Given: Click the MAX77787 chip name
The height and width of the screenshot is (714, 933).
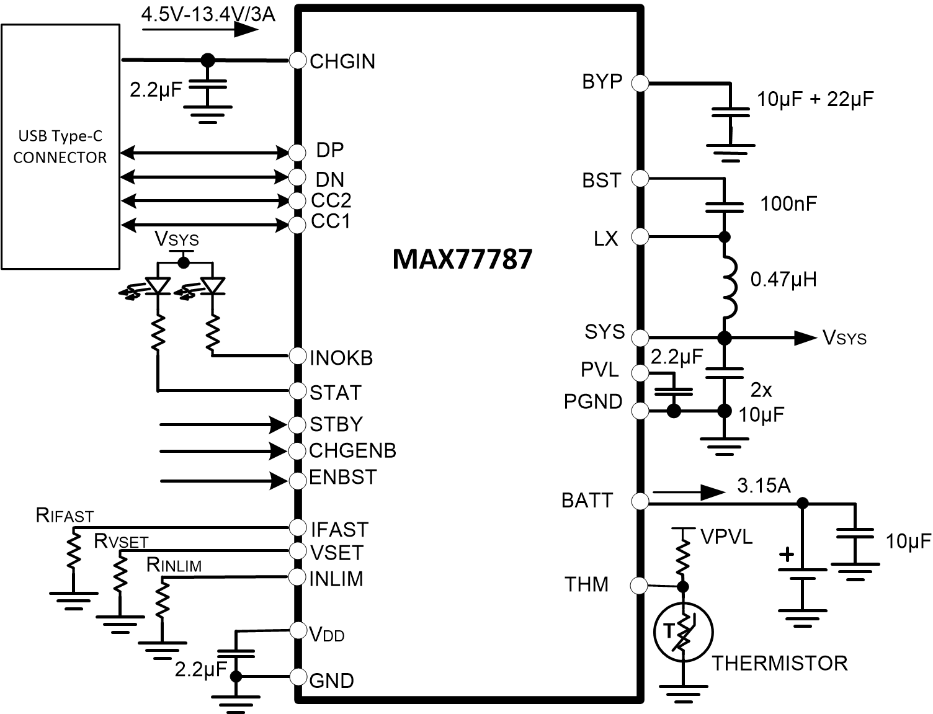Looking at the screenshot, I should [x=462, y=259].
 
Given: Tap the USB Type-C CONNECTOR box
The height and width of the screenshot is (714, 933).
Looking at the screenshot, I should [x=60, y=146].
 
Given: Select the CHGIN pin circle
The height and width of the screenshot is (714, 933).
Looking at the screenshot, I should [x=298, y=60].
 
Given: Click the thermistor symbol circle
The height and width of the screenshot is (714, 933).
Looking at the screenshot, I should [x=683, y=632].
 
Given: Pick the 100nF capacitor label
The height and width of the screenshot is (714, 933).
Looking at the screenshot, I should [x=788, y=203].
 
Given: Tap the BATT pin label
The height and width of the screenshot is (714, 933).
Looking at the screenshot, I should [x=587, y=500].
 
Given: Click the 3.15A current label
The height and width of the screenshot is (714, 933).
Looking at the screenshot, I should [x=764, y=485].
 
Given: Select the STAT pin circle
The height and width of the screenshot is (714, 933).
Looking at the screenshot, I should [x=298, y=391].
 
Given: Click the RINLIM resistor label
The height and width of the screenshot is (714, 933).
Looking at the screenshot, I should [x=174, y=565].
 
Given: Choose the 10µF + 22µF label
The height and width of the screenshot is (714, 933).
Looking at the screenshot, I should [x=815, y=99].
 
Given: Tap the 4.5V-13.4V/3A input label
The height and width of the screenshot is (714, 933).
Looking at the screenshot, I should [x=208, y=14].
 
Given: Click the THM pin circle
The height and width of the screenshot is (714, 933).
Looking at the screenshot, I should [x=639, y=585].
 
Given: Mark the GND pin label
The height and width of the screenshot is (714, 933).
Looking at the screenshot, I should [x=331, y=681].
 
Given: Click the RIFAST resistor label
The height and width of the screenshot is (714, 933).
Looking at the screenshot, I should [x=65, y=515].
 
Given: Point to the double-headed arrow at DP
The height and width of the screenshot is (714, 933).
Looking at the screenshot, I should [x=205, y=152].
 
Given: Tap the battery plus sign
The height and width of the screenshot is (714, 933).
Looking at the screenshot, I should [x=787, y=554].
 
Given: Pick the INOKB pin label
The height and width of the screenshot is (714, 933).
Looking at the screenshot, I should [x=341, y=358].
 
